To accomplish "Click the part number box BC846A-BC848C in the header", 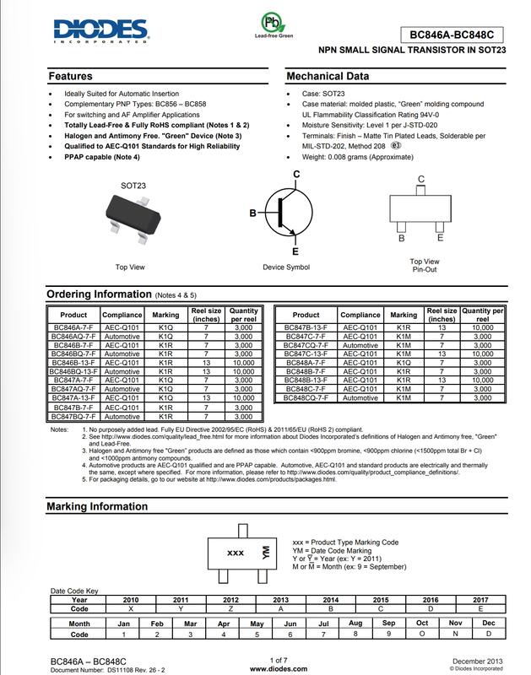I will click(451, 35).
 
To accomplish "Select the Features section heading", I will click(70, 76).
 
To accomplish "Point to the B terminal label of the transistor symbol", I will click(252, 214).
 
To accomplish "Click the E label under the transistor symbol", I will click(295, 251).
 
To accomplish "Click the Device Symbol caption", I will click(286, 267).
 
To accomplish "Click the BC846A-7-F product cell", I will click(73, 326).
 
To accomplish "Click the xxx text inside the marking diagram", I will click(236, 553).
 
